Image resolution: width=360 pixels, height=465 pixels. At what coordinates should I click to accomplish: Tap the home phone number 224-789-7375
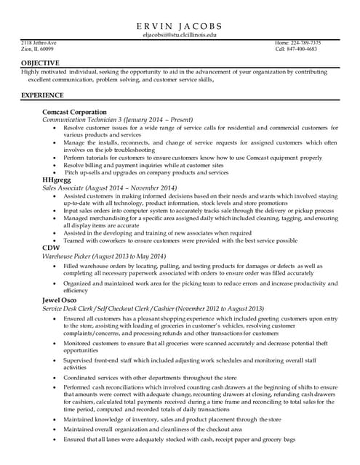coord(297,43)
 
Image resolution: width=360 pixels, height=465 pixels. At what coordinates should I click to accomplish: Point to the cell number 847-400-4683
coord(296,49)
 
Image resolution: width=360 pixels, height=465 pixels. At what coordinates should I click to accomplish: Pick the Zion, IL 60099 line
coord(37,49)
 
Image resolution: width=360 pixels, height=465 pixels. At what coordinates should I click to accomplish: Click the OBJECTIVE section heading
coord(40,62)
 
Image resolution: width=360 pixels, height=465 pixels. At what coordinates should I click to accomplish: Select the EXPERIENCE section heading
coord(42,95)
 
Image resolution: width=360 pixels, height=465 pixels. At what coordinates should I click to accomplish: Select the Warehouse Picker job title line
coord(104,256)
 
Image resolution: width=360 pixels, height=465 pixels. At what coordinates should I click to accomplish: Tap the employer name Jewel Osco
coord(61,300)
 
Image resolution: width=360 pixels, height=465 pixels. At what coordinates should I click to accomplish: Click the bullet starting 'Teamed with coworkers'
coord(180,240)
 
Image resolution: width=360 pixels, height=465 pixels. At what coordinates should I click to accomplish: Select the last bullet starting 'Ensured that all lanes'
coord(179,440)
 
